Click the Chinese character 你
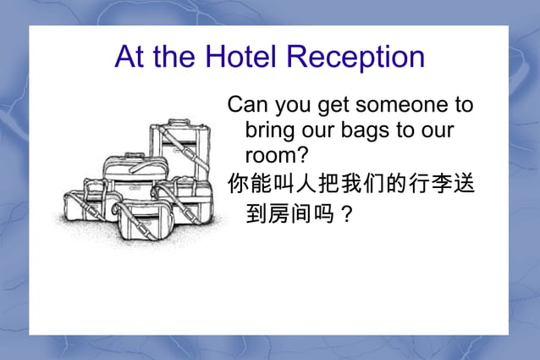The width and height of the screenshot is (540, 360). [237, 182]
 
